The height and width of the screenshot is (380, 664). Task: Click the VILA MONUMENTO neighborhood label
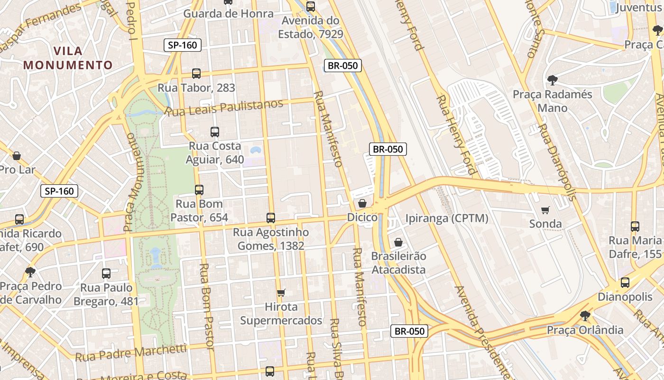pyautogui.click(x=68, y=58)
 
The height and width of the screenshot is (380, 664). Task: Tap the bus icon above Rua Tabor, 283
pyautogui.click(x=196, y=74)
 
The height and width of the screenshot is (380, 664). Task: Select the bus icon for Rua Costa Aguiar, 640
pyautogui.click(x=215, y=132)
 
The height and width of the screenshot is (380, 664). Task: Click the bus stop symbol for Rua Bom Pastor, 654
pyautogui.click(x=199, y=190)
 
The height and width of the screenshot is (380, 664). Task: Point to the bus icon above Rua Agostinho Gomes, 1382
pyautogui.click(x=271, y=218)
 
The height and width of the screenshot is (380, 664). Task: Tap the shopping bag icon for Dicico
pyautogui.click(x=362, y=203)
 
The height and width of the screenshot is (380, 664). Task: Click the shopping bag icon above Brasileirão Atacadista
pyautogui.click(x=398, y=242)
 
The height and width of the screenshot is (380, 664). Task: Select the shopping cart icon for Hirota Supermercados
pyautogui.click(x=281, y=293)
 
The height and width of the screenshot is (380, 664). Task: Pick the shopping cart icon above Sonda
pyautogui.click(x=545, y=210)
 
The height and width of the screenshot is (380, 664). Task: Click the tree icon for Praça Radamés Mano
pyautogui.click(x=552, y=80)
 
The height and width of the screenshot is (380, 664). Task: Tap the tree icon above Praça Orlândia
pyautogui.click(x=585, y=315)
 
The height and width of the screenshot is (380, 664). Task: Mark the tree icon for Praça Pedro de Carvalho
pyautogui.click(x=30, y=272)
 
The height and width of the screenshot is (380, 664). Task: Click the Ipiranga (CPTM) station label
pyautogui.click(x=446, y=218)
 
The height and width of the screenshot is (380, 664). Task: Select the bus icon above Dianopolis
pyautogui.click(x=625, y=283)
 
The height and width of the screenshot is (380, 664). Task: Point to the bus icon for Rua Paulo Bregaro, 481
pyautogui.click(x=106, y=274)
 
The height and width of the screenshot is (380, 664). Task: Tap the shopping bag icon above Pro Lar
pyautogui.click(x=17, y=156)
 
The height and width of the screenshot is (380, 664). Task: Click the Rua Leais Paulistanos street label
pyautogui.click(x=224, y=108)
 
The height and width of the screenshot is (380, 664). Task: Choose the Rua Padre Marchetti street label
pyautogui.click(x=131, y=353)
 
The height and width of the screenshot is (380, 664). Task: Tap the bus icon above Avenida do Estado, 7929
pyautogui.click(x=311, y=7)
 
